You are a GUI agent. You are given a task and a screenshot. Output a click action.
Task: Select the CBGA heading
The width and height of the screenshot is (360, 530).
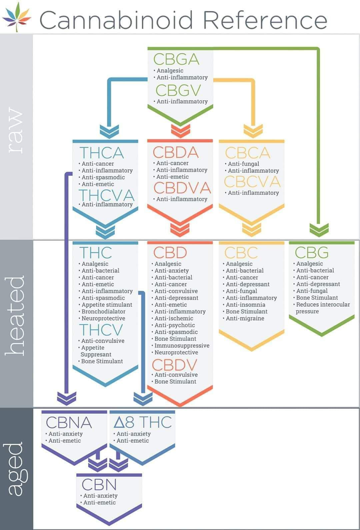coord(176,59)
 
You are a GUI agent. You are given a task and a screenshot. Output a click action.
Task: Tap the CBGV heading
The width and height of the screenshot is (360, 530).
coord(178,90)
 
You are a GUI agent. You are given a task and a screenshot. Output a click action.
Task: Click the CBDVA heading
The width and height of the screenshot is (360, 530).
coord(182,188)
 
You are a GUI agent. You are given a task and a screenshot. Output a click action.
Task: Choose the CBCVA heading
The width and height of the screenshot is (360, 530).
coord(252,182)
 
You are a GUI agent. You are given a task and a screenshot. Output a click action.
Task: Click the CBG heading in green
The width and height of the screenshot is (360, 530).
coord(311,252)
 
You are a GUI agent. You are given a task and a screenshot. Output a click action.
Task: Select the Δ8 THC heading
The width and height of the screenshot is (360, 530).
coord(142,422)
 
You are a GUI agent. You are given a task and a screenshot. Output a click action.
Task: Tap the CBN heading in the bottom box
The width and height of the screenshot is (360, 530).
coord(99,484)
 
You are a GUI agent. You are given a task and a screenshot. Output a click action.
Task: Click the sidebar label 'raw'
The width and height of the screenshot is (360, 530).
coord(16,130)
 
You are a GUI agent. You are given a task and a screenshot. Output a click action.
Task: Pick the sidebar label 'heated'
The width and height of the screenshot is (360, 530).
coord(16,315)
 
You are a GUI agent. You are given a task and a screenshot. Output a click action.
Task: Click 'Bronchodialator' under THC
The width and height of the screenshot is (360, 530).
coord(103,311)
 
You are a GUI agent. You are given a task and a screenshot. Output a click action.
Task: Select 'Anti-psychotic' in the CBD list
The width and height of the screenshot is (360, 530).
coord(175,325)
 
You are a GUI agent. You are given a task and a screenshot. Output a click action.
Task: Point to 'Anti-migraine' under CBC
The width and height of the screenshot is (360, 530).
coord(245,318)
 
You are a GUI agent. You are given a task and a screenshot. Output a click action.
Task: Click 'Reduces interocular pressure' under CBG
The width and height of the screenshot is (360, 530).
coord(322,308)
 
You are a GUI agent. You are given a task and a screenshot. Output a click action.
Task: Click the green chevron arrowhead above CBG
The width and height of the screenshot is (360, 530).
coord(319,229)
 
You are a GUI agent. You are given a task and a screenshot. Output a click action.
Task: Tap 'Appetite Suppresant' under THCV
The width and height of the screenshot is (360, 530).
coord(96,351)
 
